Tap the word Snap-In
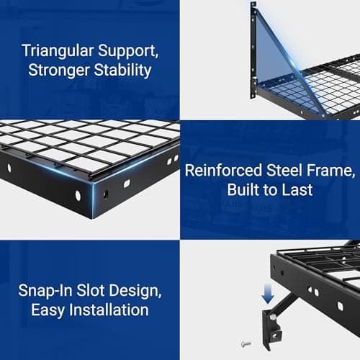click(x=48, y=292)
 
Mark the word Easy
click(x=48, y=310)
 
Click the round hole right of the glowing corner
click(x=106, y=194)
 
